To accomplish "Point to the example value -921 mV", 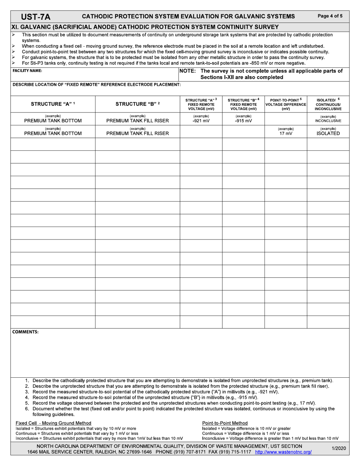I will [201, 121].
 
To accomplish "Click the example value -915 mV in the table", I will [243, 121].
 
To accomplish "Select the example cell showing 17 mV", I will [285, 134].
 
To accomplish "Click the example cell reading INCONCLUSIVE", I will [328, 121].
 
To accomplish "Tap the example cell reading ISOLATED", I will [328, 134].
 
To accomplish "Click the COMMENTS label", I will [25, 332].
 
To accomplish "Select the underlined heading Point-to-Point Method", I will [225, 423].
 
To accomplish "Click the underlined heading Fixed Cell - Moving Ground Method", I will [53, 423].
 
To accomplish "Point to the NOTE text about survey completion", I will [261, 74].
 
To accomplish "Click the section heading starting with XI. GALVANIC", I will [146, 27].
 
